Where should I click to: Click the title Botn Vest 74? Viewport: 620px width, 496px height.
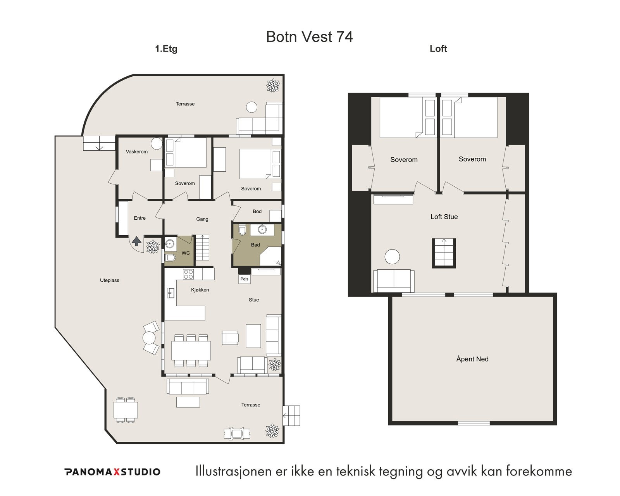coord(309,37)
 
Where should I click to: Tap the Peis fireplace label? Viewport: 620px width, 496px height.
coord(244,279)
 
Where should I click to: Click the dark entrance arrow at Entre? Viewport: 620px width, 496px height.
coord(136,241)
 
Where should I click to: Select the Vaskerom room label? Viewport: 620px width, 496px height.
coord(136,152)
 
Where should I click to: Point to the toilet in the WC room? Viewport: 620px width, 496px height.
coord(170,257)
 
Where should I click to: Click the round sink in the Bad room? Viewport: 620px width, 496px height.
coord(262,230)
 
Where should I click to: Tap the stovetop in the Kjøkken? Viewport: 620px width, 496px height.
coord(188,274)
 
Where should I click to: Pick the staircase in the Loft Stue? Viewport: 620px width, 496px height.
coord(444,253)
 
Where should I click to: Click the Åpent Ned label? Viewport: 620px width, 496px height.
coord(472,359)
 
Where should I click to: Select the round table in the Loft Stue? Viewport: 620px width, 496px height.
coord(392,257)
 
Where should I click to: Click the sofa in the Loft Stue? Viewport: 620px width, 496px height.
coord(394,281)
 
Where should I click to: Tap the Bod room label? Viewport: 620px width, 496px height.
coord(257,211)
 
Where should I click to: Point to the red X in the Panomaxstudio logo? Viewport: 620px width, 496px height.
coord(116,472)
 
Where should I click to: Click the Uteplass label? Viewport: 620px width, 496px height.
coord(110,280)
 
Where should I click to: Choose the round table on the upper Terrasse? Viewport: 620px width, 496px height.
coord(251,107)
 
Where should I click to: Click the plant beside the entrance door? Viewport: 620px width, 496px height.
coord(153,247)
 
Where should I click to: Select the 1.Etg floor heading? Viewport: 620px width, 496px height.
coord(166,49)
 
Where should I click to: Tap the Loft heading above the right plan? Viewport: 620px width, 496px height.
coord(438,48)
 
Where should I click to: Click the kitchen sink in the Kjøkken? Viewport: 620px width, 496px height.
coord(170,293)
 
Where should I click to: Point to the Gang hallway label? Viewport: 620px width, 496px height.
coord(202,219)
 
